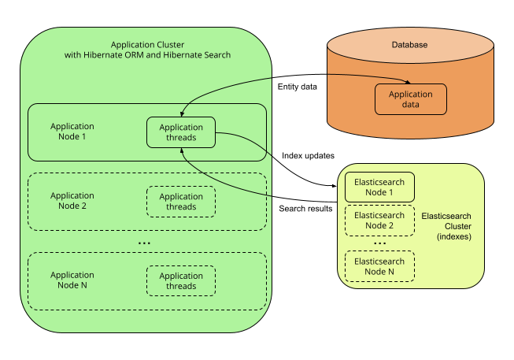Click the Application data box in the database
(x=410, y=99)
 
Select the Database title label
(x=409, y=45)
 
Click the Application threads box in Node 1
(x=181, y=132)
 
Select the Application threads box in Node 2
(x=181, y=202)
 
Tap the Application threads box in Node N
(x=181, y=281)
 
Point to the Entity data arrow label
(x=298, y=87)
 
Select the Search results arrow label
(x=305, y=209)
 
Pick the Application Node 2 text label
(x=72, y=201)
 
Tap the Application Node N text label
(x=72, y=280)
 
